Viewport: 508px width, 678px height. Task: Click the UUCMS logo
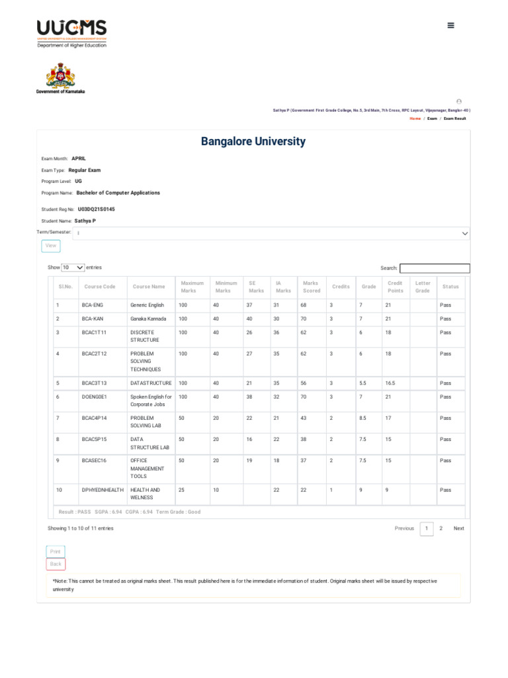click(71, 32)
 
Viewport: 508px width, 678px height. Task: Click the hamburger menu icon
click(450, 25)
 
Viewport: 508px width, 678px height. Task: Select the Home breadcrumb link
click(415, 119)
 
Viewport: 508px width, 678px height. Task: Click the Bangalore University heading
click(253, 141)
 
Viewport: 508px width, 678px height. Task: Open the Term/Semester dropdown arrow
click(464, 234)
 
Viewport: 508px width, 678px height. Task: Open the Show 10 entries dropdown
click(73, 267)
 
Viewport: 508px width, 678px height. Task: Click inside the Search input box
click(435, 268)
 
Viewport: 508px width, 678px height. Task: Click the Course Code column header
click(100, 287)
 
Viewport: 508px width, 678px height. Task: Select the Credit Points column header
click(395, 287)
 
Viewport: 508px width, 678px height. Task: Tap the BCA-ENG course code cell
click(93, 305)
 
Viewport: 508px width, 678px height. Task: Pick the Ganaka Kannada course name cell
click(148, 318)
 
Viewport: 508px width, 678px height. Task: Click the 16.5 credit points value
click(391, 383)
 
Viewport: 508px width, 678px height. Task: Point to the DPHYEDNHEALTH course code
click(103, 490)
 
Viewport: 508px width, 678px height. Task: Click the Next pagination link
click(458, 528)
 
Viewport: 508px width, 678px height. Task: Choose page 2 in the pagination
click(441, 528)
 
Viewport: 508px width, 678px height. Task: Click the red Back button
click(56, 564)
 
